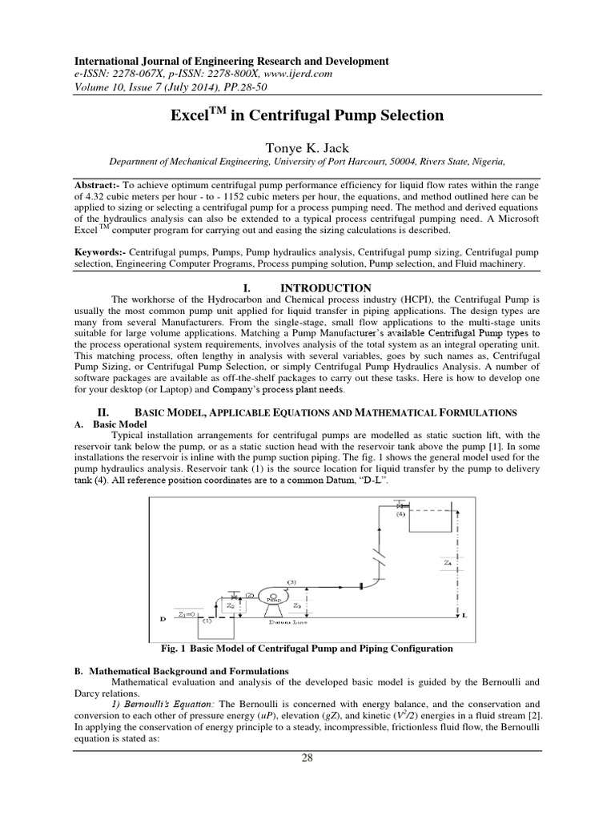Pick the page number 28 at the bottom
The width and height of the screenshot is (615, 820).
click(307, 759)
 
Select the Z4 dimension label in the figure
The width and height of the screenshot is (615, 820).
click(447, 563)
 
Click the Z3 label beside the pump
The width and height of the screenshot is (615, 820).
click(296, 606)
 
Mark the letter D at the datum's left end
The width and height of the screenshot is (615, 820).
click(163, 619)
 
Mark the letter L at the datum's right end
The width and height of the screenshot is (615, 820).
click(464, 617)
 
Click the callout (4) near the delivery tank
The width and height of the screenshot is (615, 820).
click(401, 516)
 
